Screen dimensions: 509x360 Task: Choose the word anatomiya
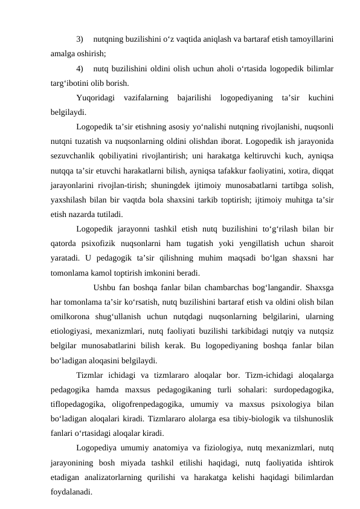click(185, 448)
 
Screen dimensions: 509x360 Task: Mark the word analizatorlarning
click(124, 477)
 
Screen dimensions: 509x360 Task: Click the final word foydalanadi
click(72, 491)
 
